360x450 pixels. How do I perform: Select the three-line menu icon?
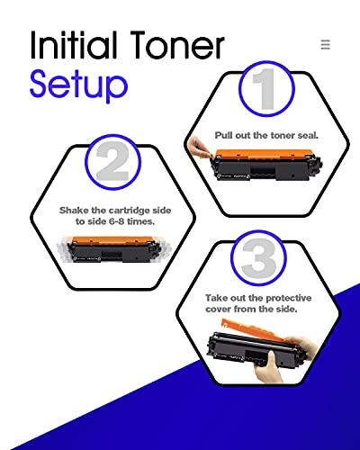click(325, 44)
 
